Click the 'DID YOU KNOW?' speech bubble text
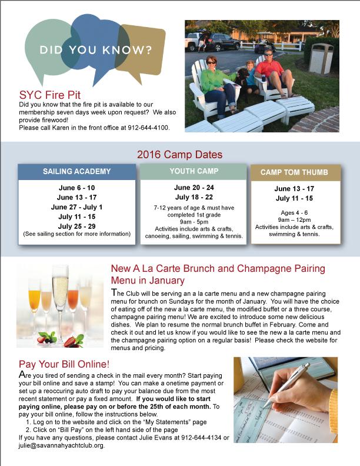(x=95, y=49)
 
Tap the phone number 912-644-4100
(x=147, y=127)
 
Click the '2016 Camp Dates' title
(x=179, y=155)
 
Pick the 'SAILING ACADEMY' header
(x=76, y=172)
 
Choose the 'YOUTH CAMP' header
(x=191, y=171)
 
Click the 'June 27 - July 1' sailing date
(x=76, y=207)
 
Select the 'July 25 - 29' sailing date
(x=76, y=225)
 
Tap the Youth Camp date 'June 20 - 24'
(x=191, y=188)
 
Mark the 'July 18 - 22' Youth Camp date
(x=191, y=197)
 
